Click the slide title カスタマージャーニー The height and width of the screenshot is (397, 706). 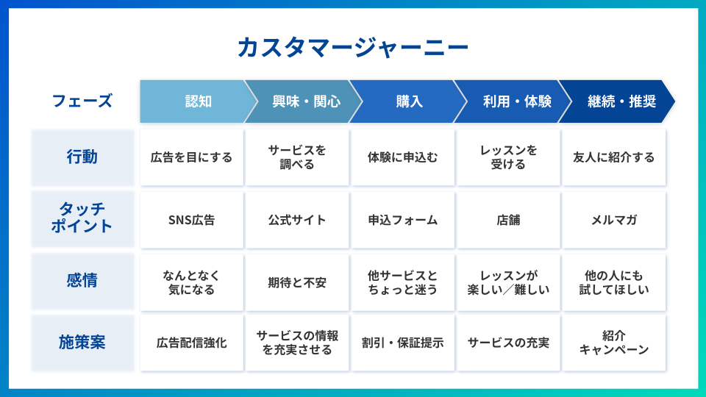[x=353, y=47]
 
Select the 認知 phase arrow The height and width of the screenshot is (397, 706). [x=198, y=101]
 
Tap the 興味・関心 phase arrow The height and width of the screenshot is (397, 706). [x=304, y=101]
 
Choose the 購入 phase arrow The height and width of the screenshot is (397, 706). [x=408, y=101]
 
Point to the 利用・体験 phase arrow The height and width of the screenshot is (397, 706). [x=513, y=101]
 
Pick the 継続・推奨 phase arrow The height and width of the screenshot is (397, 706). [x=617, y=101]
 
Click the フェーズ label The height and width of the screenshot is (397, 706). [x=82, y=101]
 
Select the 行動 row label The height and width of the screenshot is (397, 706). [x=83, y=157]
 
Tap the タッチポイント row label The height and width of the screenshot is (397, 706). [x=83, y=220]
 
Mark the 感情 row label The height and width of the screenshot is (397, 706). [x=83, y=282]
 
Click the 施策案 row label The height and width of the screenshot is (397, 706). [x=83, y=343]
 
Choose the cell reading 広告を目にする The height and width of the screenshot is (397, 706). [x=192, y=157]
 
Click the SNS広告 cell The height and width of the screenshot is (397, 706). [x=192, y=220]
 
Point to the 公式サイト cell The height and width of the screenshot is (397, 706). [x=297, y=220]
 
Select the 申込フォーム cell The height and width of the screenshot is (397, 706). [x=403, y=220]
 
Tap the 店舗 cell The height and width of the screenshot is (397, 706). [x=508, y=220]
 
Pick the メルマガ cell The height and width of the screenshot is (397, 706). [x=614, y=220]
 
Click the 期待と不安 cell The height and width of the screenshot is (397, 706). [x=297, y=282]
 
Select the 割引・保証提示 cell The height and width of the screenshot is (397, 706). [x=403, y=343]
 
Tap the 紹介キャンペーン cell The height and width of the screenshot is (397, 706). [x=614, y=343]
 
